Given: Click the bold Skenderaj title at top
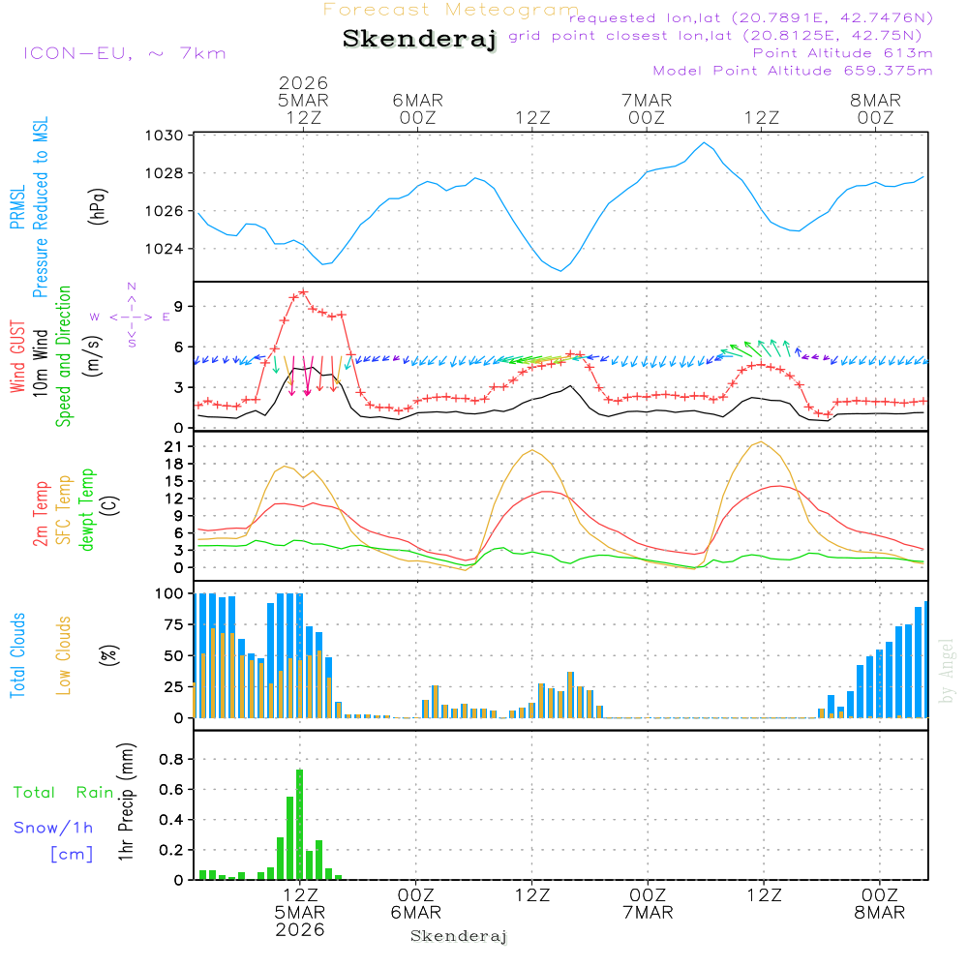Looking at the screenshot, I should click(x=419, y=39).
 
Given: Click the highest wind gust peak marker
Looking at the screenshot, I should click(x=304, y=291).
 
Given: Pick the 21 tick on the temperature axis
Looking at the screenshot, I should click(x=180, y=446).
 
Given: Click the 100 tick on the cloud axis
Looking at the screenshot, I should click(x=170, y=593).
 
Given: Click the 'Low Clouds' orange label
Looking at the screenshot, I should click(x=64, y=654).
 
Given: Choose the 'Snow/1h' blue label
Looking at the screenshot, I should click(x=53, y=829).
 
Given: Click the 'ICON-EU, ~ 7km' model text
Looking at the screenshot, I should click(x=124, y=53).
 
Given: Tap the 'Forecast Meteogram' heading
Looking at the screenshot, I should click(x=450, y=10).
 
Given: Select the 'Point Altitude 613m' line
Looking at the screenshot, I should click(x=842, y=52).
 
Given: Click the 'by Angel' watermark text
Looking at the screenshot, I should click(x=947, y=671).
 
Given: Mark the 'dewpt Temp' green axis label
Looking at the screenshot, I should click(x=88, y=510).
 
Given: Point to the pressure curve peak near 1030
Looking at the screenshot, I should click(x=705, y=143).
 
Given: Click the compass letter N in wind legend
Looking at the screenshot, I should click(x=132, y=286).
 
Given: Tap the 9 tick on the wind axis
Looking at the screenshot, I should click(x=180, y=306).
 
